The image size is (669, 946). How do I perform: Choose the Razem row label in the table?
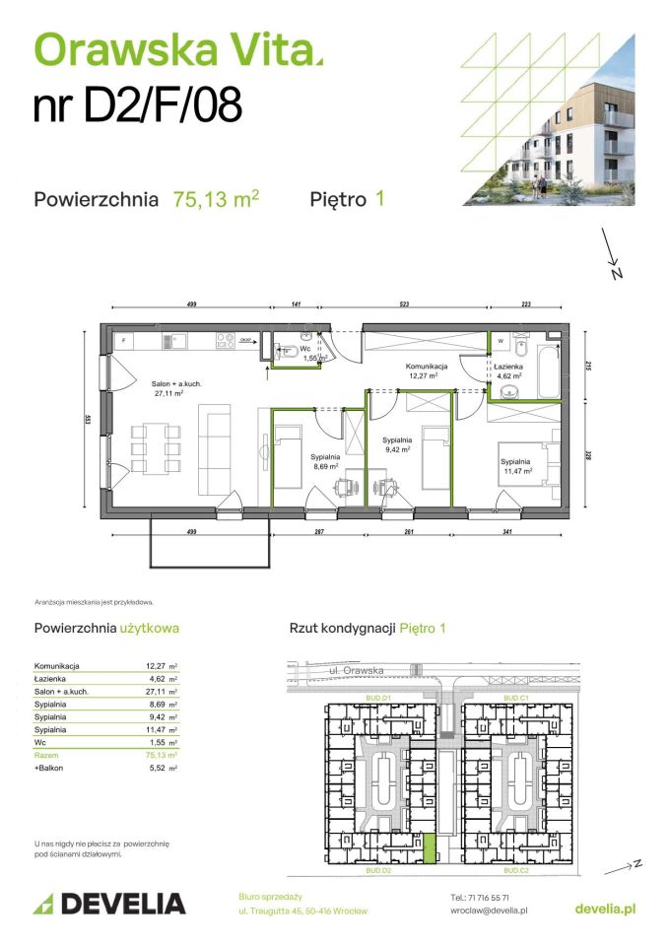[x=46, y=754]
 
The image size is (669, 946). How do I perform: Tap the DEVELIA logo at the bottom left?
[x=109, y=903]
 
